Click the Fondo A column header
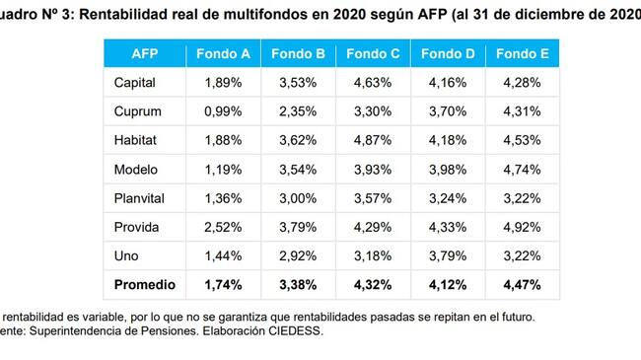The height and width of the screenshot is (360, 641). [x=223, y=53]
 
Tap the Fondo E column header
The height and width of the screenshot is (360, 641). [x=523, y=53]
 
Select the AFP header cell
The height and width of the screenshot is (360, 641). [x=145, y=53]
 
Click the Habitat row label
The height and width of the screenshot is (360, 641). [x=135, y=140]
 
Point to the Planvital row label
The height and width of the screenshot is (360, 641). [x=139, y=198]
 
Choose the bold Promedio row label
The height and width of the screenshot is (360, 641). [x=145, y=285]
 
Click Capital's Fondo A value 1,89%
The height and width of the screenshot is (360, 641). [x=223, y=83]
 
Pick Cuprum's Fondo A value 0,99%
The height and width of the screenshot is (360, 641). [x=223, y=111]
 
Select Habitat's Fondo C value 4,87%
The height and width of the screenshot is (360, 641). [x=373, y=140]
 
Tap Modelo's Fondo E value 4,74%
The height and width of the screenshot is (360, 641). [x=522, y=170]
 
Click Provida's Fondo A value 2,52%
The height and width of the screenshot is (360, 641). [x=223, y=227]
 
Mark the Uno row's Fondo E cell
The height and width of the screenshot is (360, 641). [x=522, y=256]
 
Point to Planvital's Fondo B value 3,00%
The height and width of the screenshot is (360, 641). [x=298, y=198]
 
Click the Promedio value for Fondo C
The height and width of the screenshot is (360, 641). [x=373, y=285]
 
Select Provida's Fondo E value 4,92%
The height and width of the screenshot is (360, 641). [x=522, y=227]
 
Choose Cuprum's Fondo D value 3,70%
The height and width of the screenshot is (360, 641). [x=448, y=111]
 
